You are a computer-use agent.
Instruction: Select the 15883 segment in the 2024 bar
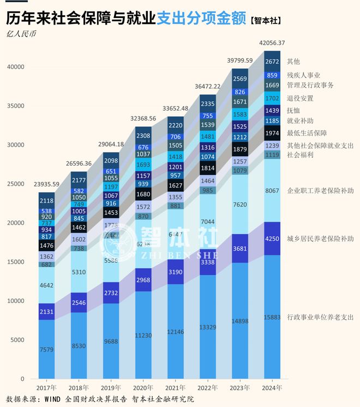272,317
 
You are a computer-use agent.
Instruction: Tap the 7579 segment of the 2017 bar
46,349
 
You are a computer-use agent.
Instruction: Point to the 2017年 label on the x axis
46,387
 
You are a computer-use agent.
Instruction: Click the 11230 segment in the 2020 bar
143,336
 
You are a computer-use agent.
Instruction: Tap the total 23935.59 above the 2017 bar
46,184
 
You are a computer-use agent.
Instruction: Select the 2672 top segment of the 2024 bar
272,62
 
